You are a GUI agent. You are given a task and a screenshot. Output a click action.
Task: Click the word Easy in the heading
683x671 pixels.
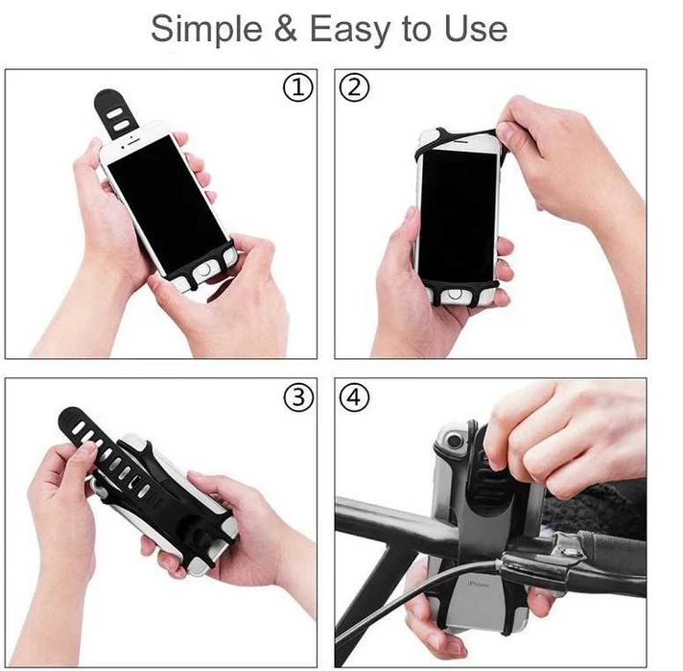(x=351, y=30)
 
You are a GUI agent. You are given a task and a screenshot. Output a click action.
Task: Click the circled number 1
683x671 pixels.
(x=298, y=89)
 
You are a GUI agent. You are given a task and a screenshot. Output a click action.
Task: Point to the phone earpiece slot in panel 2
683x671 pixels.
(x=459, y=140)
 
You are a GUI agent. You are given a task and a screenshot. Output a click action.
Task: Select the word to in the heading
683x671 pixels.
(x=416, y=30)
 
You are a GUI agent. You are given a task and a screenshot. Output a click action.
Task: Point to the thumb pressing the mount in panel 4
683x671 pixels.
(x=498, y=451)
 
